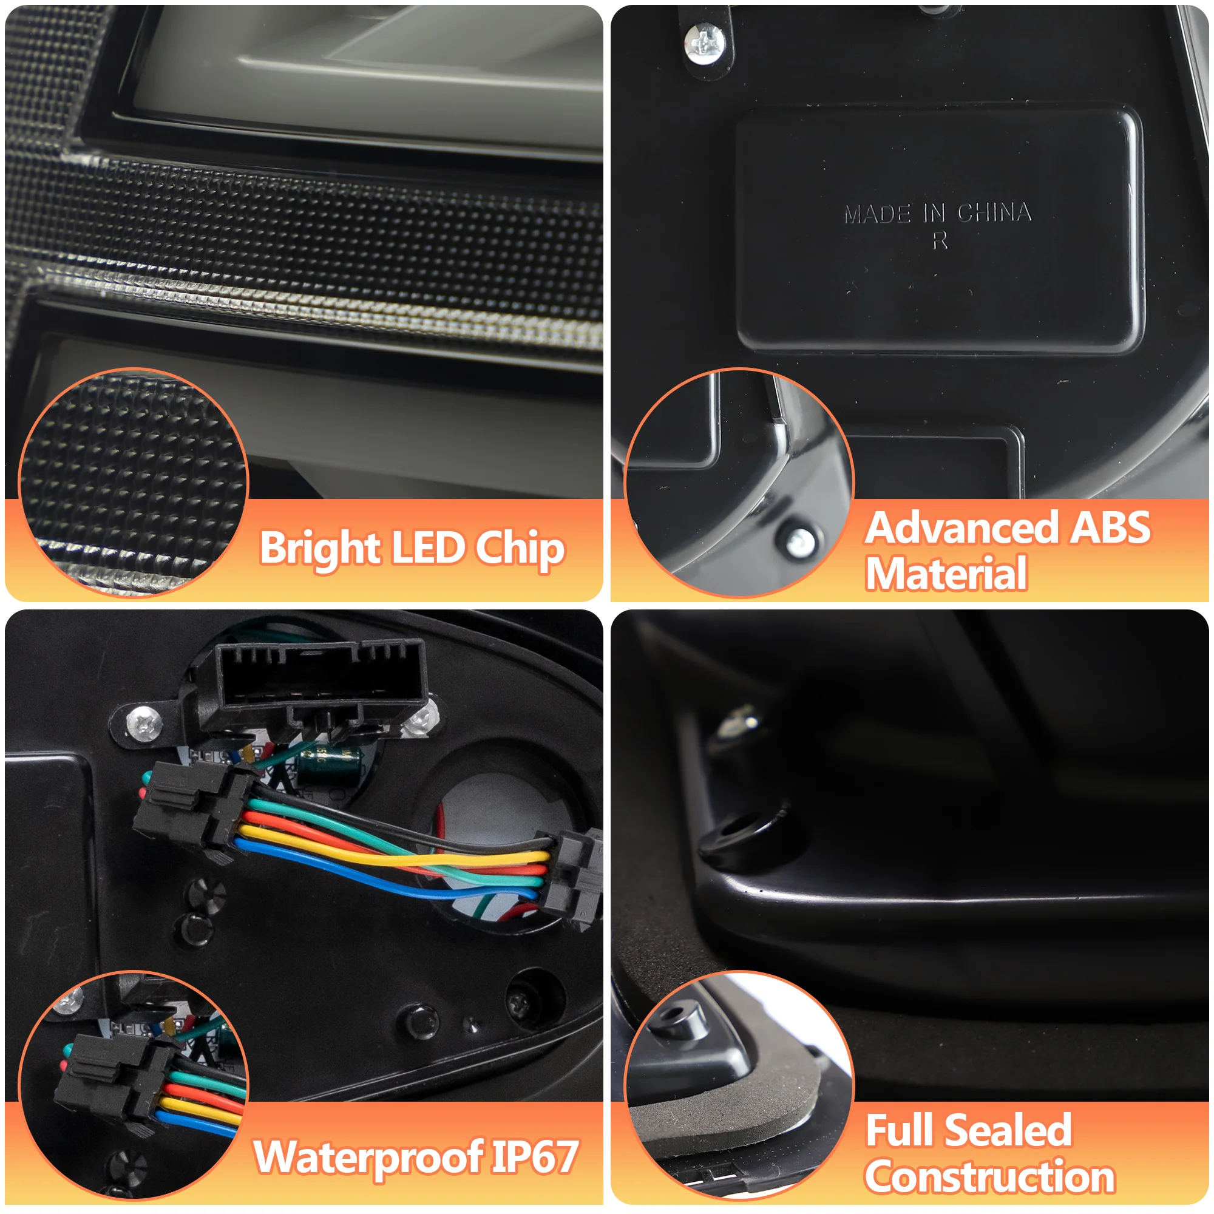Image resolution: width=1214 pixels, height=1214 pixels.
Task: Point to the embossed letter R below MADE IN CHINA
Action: pyautogui.click(x=940, y=240)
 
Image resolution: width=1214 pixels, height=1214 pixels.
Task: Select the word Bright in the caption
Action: pyautogui.click(x=319, y=548)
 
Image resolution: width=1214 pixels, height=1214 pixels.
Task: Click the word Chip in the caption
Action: pyautogui.click(x=520, y=548)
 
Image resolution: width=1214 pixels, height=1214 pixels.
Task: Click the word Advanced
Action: pyautogui.click(x=961, y=527)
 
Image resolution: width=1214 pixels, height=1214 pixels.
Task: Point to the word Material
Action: pyautogui.click(x=946, y=573)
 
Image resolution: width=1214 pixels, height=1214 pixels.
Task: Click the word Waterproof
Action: pyautogui.click(x=368, y=1157)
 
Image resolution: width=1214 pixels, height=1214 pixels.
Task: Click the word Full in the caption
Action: pyautogui.click(x=900, y=1130)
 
